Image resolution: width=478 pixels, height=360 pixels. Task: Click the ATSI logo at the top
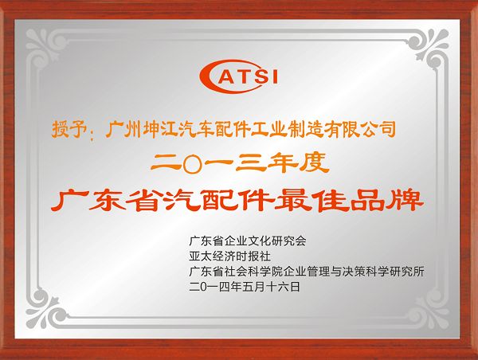[238, 76]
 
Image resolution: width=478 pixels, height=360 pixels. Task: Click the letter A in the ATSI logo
[220, 76]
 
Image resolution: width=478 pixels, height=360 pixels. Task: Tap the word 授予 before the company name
[65, 128]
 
